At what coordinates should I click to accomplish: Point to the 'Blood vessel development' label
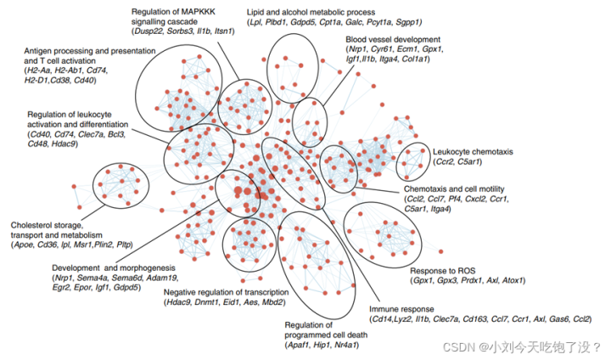pos(393,40)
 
